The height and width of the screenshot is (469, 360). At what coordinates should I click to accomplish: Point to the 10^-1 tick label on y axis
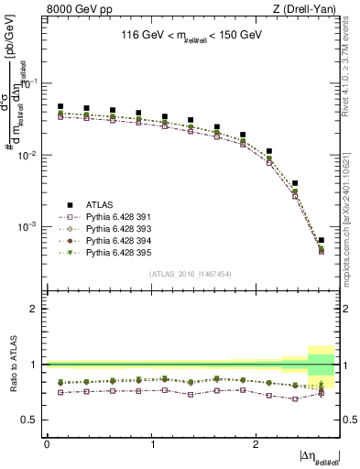[32, 83]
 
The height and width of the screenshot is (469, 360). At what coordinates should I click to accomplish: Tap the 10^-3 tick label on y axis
[32, 226]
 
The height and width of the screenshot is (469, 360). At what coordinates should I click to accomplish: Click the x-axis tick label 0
[47, 443]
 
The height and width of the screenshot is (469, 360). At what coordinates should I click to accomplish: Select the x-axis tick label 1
[152, 443]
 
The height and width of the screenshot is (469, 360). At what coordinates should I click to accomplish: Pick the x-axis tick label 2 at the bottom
[256, 443]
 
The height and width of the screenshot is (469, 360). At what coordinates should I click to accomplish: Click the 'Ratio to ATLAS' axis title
[12, 364]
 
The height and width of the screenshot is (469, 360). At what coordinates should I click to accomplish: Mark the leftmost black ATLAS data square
[60, 106]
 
